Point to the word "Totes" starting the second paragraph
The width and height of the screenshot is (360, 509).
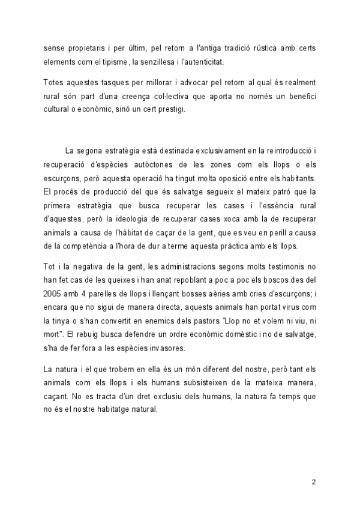tap(55, 81)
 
